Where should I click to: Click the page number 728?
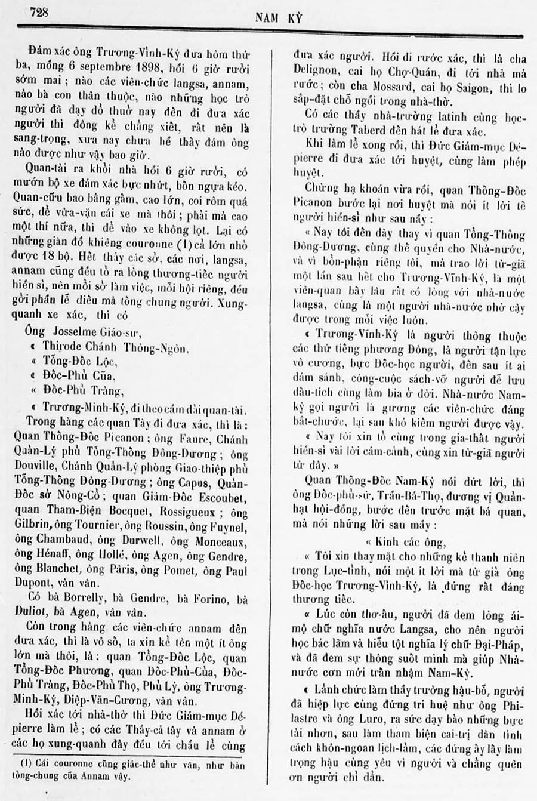tap(37, 12)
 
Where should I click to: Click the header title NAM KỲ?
tap(278, 18)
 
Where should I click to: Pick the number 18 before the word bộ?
tap(58, 258)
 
